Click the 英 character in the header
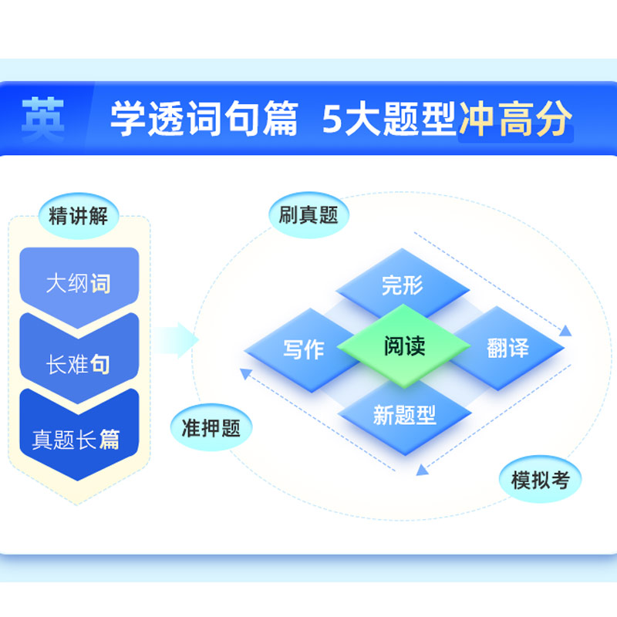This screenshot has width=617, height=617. point(42,120)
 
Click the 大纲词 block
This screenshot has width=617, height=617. point(79,284)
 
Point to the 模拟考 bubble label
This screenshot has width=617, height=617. point(541,480)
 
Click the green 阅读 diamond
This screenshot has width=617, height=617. point(404,346)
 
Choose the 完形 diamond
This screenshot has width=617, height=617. point(403,286)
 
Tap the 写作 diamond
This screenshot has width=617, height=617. point(303,349)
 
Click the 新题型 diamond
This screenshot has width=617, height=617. point(404,416)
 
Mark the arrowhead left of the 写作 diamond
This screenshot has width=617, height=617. point(244,374)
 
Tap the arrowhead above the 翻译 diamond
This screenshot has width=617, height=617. point(565,331)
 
